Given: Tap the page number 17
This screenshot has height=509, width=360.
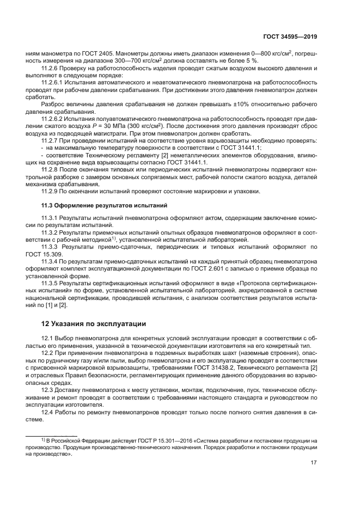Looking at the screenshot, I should point(314,462).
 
